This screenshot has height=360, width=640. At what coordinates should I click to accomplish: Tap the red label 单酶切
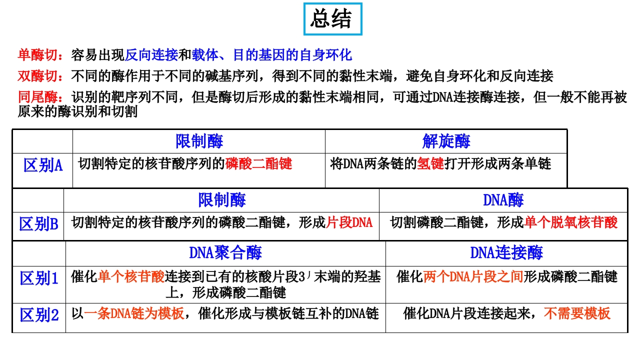(x=37, y=55)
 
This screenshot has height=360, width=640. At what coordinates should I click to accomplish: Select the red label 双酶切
(x=37, y=76)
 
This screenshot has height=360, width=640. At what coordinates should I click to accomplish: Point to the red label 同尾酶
(x=37, y=97)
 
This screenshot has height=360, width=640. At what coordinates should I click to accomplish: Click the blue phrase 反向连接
(x=151, y=55)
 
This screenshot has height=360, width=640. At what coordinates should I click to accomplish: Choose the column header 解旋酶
(x=446, y=141)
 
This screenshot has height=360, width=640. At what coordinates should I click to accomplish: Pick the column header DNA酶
(x=503, y=199)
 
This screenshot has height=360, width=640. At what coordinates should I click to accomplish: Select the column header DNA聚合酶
(x=225, y=252)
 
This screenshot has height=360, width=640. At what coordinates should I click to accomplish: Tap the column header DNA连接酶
(x=506, y=252)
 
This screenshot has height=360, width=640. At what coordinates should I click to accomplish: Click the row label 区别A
(x=43, y=165)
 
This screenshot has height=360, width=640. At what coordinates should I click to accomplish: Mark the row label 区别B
(x=38, y=223)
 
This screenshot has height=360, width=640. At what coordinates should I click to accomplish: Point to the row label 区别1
(x=39, y=278)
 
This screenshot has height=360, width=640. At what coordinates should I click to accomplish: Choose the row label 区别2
(x=39, y=315)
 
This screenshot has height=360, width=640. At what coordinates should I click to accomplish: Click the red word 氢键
(x=430, y=163)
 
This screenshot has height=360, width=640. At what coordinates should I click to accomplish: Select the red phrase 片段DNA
(x=349, y=222)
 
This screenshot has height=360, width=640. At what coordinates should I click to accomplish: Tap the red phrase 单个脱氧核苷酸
(x=571, y=222)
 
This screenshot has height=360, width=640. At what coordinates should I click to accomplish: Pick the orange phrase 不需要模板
(x=577, y=313)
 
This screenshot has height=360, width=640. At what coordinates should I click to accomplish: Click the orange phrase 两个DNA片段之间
(x=473, y=276)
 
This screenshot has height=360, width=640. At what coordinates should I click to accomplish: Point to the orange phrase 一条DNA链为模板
(x=134, y=313)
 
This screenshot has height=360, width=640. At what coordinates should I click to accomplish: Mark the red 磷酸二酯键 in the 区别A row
(x=258, y=163)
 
